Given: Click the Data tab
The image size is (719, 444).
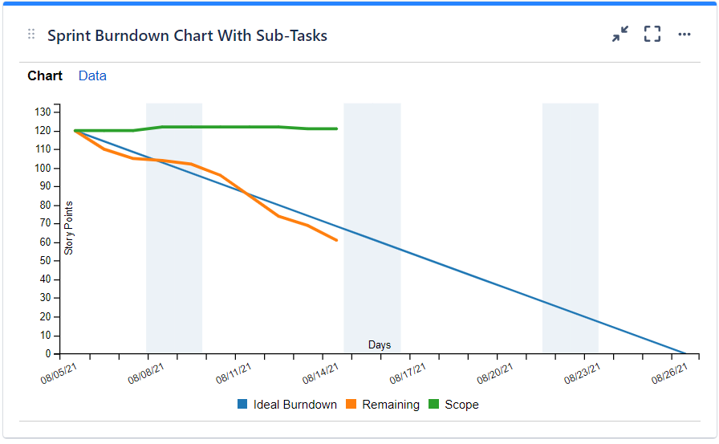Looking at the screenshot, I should pyautogui.click(x=92, y=76).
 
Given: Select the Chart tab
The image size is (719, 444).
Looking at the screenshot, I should pyautogui.click(x=45, y=76).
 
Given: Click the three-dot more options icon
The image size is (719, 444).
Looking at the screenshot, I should pyautogui.click(x=684, y=35).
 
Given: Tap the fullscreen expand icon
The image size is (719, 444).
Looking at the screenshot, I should pyautogui.click(x=652, y=35).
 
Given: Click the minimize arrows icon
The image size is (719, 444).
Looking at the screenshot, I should pyautogui.click(x=620, y=35).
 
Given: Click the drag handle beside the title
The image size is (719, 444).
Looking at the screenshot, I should pyautogui.click(x=31, y=35).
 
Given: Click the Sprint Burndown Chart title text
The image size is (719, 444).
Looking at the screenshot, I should pyautogui.click(x=187, y=35).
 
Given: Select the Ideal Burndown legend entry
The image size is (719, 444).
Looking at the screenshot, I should pyautogui.click(x=287, y=405).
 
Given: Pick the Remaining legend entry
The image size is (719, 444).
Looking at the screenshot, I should pyautogui.click(x=383, y=405).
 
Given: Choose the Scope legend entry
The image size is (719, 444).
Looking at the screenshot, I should pyautogui.click(x=453, y=405).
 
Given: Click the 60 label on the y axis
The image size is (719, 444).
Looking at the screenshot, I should pyautogui.click(x=46, y=242).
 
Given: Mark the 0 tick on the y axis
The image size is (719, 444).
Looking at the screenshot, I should pyautogui.click(x=48, y=353).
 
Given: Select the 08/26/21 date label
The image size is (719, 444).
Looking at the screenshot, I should pyautogui.click(x=669, y=372).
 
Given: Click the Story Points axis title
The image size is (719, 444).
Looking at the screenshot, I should pyautogui.click(x=69, y=228).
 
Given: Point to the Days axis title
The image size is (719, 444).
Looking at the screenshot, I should pyautogui.click(x=380, y=345).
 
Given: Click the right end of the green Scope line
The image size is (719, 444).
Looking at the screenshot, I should pyautogui.click(x=336, y=128).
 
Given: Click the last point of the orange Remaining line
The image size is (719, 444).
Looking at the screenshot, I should pyautogui.click(x=336, y=240).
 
